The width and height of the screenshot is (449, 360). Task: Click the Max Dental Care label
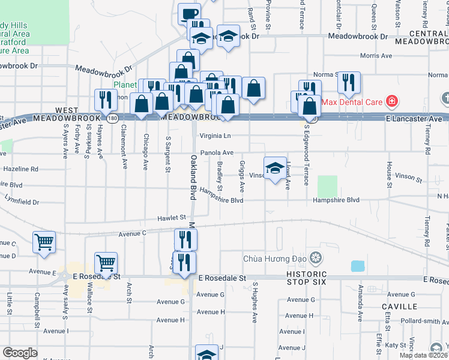click(352, 101)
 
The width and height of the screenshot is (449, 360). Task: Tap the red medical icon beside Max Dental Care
click(392, 101)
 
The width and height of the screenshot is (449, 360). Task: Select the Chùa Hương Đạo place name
click(276, 259)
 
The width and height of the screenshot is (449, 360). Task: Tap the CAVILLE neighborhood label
click(399, 306)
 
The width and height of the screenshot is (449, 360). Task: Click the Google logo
click(20, 353)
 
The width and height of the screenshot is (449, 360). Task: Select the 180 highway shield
click(112, 119)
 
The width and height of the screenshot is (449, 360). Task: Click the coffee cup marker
click(189, 13)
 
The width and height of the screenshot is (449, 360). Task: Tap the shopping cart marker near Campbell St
click(44, 242)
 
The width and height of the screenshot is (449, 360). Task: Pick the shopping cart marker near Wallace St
click(106, 263)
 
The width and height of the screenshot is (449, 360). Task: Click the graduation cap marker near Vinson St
click(275, 167)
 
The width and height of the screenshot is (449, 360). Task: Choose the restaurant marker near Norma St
click(349, 82)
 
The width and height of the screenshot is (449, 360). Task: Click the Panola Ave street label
click(216, 153)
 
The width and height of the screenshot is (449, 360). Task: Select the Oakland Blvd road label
click(193, 177)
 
